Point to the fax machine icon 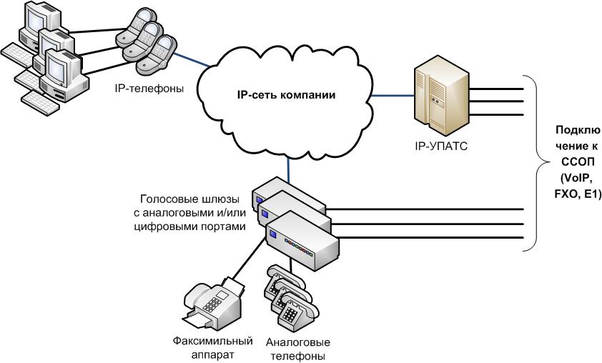pyautogui.click(x=212, y=299)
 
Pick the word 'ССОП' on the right pyautogui.click(x=573, y=161)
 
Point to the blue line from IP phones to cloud pyautogui.click(x=189, y=60)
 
